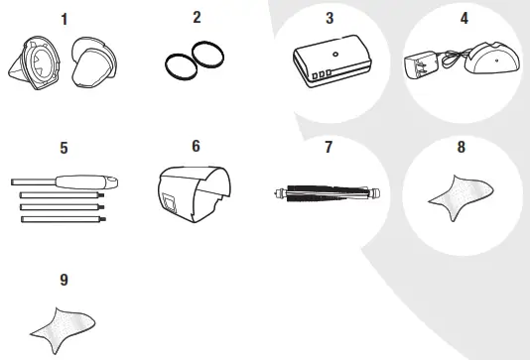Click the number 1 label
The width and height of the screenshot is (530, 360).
[65, 18]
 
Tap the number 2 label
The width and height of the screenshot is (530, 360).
[196, 17]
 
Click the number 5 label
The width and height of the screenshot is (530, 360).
[65, 149]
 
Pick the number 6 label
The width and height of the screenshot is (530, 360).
[196, 147]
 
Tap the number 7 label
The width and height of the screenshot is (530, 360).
[329, 149]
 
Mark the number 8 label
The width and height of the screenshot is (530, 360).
[462, 149]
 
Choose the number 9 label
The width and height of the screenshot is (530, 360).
[65, 280]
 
